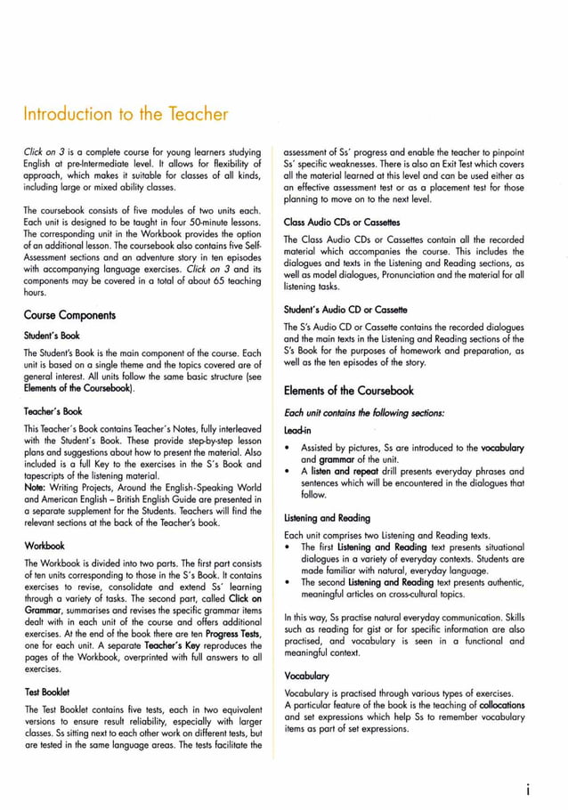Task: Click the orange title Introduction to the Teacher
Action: point(125,114)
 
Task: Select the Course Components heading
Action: point(70,315)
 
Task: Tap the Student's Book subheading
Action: point(52,336)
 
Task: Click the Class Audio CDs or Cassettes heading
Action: point(341,222)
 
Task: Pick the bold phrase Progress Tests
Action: point(231,633)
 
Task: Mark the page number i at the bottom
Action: point(529,788)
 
